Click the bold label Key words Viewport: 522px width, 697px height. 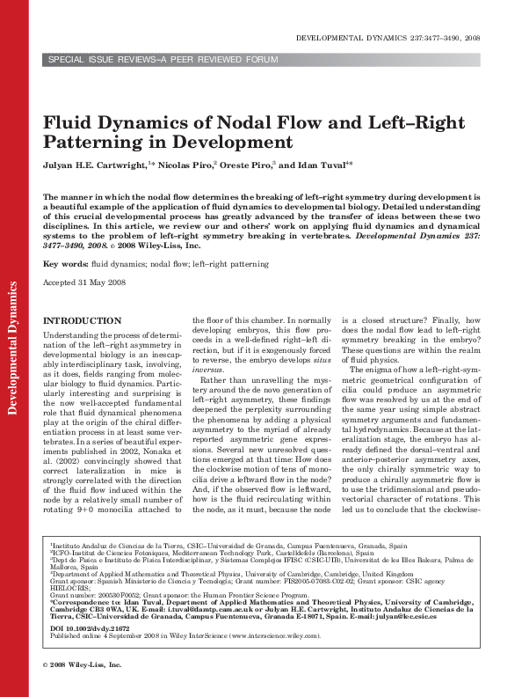point(63,264)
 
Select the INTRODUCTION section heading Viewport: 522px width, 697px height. point(83,321)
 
